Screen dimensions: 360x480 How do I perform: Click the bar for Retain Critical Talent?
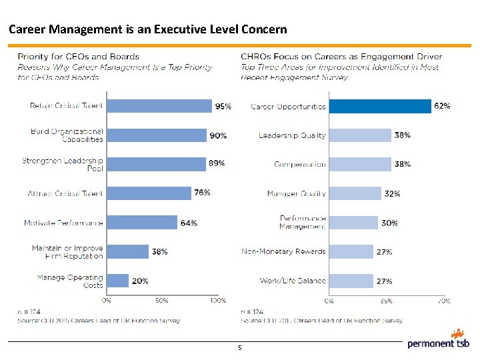tap(159, 105)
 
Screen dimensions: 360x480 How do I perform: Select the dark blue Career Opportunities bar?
tap(380, 106)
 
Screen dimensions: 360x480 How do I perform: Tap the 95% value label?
tap(223, 105)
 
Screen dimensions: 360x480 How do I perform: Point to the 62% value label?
tap(442, 105)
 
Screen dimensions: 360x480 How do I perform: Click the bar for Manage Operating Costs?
tap(117, 281)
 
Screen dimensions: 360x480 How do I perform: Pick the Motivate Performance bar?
tap(142, 223)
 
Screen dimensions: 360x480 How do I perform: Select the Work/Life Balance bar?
tap(351, 281)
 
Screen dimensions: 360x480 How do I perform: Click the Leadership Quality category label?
tap(292, 135)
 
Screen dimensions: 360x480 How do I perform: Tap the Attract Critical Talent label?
tap(65, 193)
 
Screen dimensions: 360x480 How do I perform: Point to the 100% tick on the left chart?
tap(217, 301)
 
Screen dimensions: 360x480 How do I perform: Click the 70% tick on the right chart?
tap(443, 301)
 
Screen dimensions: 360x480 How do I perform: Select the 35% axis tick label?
tap(387, 301)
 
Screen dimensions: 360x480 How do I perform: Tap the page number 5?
tap(239, 347)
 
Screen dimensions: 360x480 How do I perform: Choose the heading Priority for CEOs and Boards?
tap(78, 57)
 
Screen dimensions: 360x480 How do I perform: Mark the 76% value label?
tap(202, 193)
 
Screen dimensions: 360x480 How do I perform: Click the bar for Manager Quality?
tap(355, 193)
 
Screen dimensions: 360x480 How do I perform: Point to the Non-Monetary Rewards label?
tap(283, 251)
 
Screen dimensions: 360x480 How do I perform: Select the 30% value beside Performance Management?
tap(389, 223)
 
